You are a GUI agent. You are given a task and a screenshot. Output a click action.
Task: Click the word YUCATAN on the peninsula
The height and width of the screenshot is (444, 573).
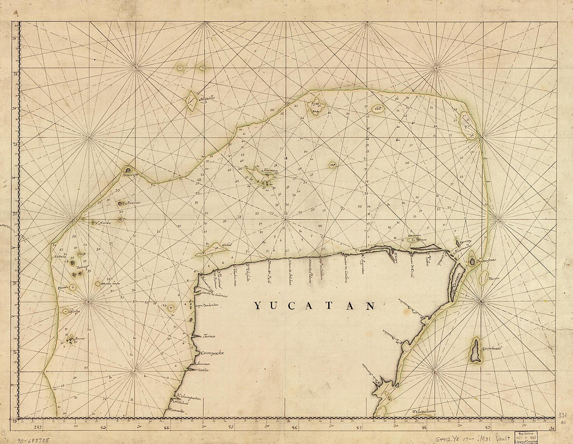tap(314, 306)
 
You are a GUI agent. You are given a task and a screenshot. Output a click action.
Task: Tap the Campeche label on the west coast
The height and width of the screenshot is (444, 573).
tap(210, 353)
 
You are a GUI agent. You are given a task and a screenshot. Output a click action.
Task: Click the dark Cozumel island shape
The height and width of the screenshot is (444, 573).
tap(476, 350)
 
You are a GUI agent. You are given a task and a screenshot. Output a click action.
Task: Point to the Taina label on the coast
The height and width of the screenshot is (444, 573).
tap(209, 337)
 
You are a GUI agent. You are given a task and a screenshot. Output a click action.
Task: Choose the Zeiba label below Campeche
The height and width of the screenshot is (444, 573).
tap(202, 370)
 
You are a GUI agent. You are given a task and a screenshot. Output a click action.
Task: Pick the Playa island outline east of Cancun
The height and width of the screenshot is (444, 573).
tap(484, 278)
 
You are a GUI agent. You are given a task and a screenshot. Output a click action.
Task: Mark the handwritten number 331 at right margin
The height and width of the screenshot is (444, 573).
tap(563, 415)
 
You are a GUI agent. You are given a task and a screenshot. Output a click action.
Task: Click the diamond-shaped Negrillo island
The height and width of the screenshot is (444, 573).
tap(191, 101)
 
